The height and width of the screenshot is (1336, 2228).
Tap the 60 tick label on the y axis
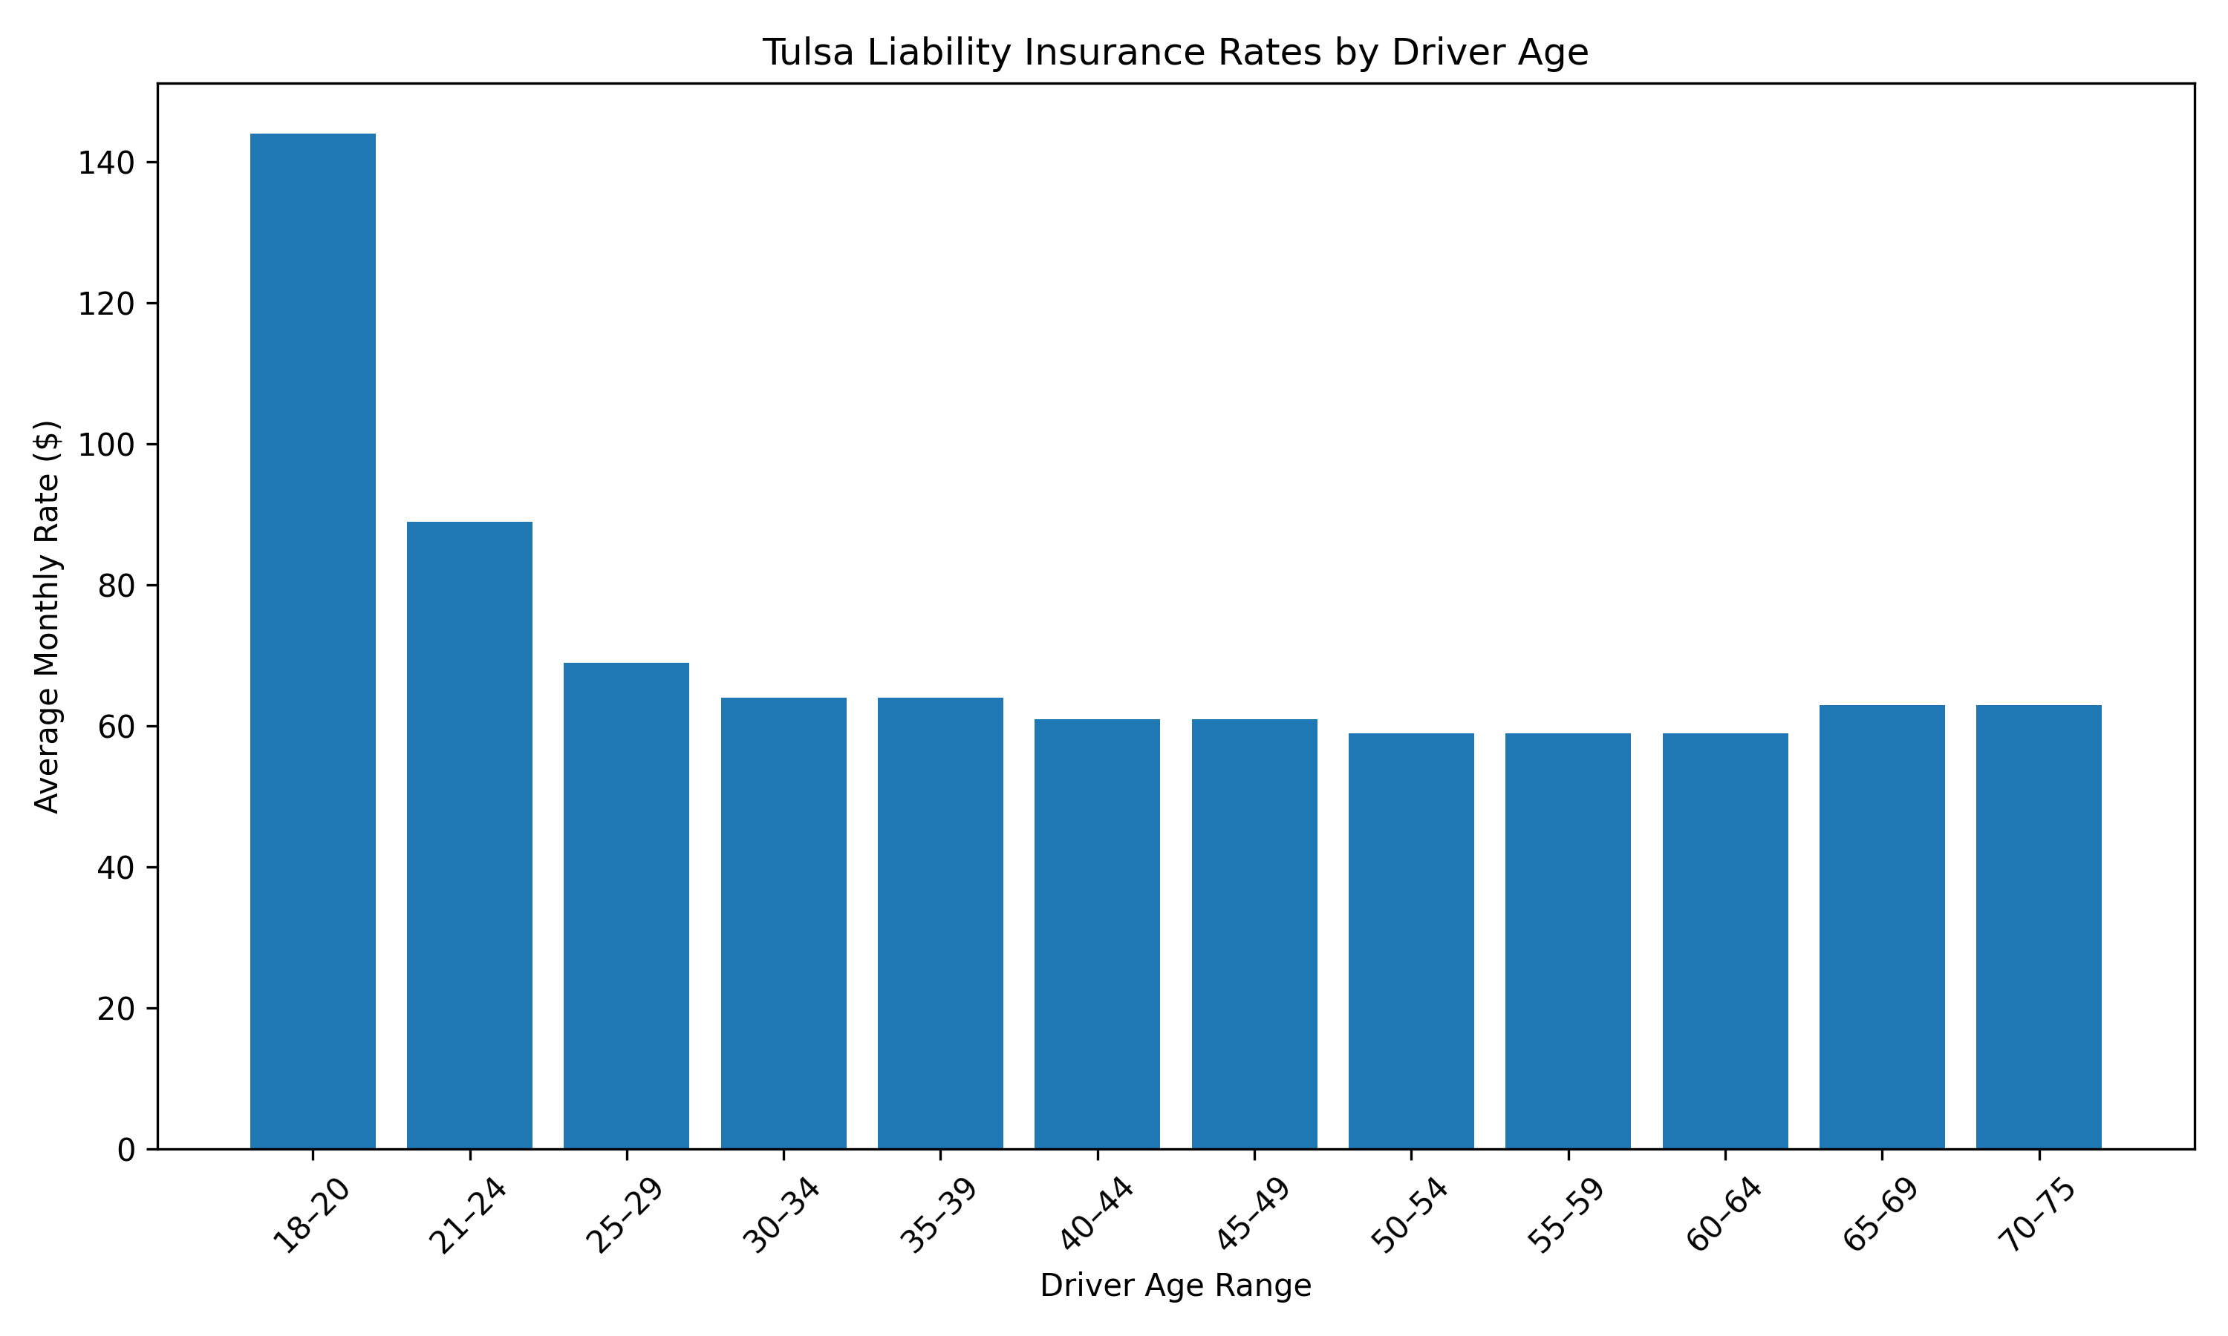[x=115, y=727]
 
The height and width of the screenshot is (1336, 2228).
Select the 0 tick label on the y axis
[x=126, y=1150]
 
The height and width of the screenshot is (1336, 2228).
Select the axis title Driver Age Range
[x=1175, y=1286]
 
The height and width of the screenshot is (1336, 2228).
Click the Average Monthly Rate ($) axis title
[x=47, y=617]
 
